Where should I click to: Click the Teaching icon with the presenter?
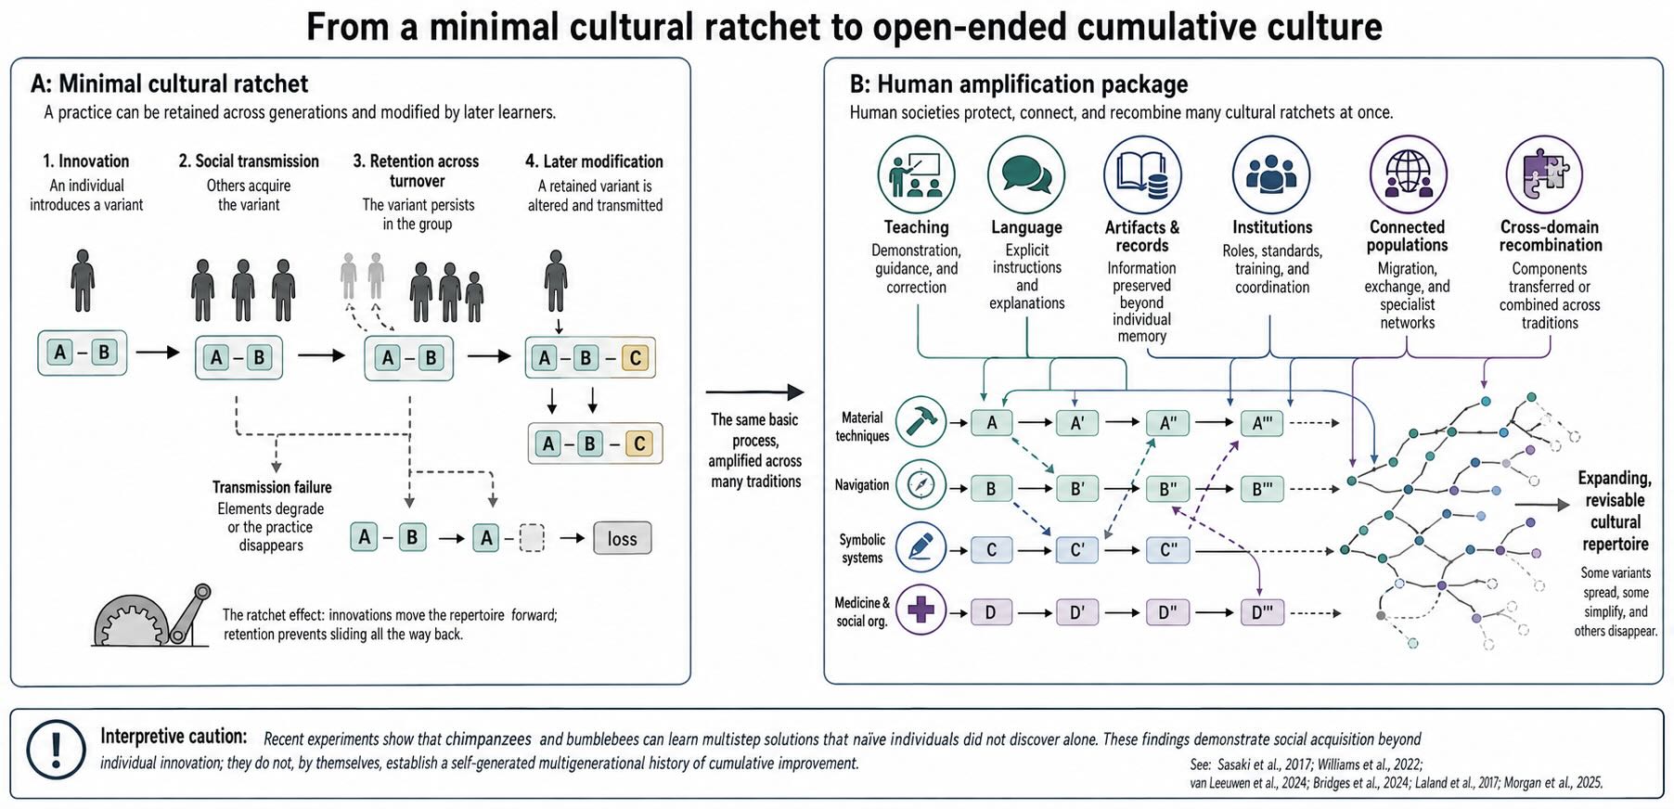916,174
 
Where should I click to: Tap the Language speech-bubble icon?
1025,174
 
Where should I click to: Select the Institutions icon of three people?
1270,174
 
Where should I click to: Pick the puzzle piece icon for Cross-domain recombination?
1544,174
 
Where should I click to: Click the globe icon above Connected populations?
1408,174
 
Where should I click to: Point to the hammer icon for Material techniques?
921,422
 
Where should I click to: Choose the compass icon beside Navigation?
921,485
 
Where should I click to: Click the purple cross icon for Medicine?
921,610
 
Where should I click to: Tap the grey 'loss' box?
622,538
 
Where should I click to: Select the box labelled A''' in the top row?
1262,423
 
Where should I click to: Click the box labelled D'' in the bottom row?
1167,612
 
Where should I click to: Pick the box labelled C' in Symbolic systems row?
1077,550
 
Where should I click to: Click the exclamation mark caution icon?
56,749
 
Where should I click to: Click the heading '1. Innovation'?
86,161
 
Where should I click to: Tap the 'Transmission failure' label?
272,487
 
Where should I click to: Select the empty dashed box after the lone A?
532,538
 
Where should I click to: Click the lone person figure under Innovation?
84,280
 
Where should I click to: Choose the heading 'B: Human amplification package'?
1019,84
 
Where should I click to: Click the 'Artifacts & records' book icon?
1142,174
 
